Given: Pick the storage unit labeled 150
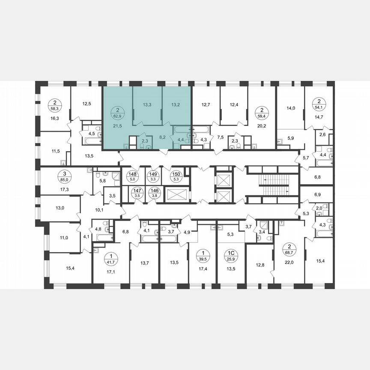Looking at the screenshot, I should coord(176,176).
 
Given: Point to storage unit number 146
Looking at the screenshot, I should coord(153,192).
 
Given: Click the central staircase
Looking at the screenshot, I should coord(272,184).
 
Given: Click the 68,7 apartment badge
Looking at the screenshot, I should coord(290,248).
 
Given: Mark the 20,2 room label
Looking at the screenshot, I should coord(261,126).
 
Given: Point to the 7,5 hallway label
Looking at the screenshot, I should coord(221,137).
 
